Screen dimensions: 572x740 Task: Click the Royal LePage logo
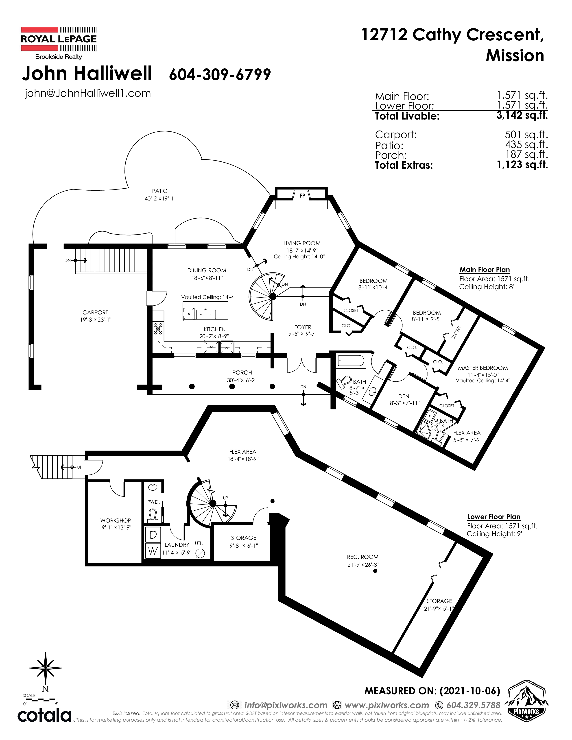pyautogui.click(x=59, y=43)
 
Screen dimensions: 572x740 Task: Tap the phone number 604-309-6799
pyautogui.click(x=220, y=74)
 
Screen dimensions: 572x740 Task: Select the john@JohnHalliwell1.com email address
pyautogui.click(x=88, y=93)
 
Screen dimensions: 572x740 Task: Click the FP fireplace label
pyautogui.click(x=302, y=196)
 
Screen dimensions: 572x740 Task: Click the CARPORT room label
pyautogui.click(x=95, y=312)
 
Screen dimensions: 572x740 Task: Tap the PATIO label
pyautogui.click(x=160, y=191)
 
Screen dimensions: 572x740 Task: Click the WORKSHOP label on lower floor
pyautogui.click(x=116, y=520)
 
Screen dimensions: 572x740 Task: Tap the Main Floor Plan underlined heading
pyautogui.click(x=485, y=270)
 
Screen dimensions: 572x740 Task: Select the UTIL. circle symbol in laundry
pyautogui.click(x=200, y=553)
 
